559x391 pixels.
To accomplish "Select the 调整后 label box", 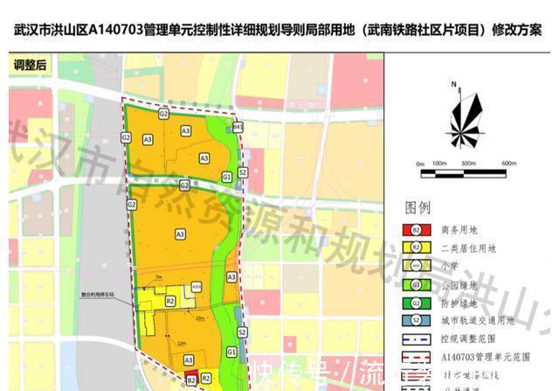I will tap(31, 66).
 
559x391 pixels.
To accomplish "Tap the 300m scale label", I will tap(469, 164).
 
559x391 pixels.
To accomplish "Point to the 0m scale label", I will tap(420, 164).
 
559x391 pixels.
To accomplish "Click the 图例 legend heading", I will tap(418, 207).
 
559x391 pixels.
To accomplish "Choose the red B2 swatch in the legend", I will tap(417, 230).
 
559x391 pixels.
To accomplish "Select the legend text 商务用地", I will tap(460, 230).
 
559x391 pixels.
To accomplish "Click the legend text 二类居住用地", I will tap(469, 248).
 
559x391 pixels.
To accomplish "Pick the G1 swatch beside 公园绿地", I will tap(417, 285).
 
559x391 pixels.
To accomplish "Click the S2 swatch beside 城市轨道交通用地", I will tap(417, 321).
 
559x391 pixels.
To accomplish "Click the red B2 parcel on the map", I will tap(190, 381).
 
